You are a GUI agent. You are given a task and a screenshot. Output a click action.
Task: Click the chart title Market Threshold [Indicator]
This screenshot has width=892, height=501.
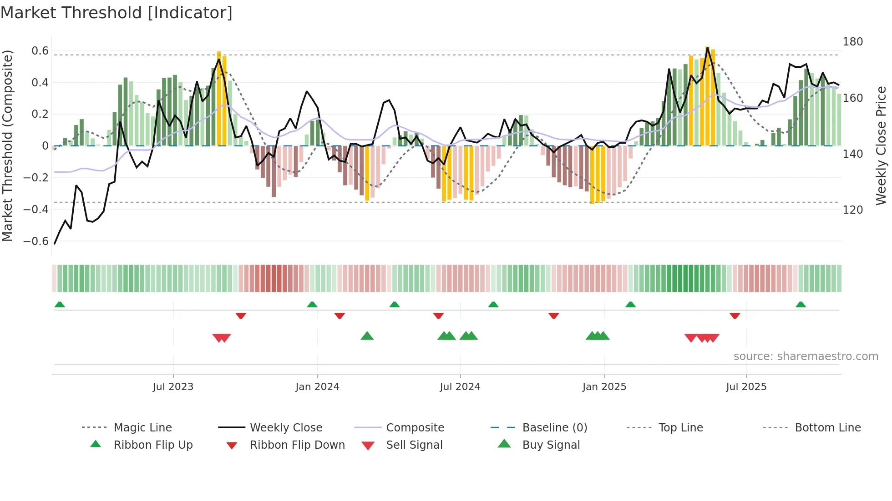(117, 13)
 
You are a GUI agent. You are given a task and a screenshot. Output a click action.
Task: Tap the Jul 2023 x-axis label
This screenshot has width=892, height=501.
(173, 387)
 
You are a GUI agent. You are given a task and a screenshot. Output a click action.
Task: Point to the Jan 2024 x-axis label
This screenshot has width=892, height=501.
(317, 387)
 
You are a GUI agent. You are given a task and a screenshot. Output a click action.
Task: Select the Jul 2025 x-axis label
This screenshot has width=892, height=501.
(746, 387)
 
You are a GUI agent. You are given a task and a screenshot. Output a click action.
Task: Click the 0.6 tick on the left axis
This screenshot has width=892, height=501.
(40, 51)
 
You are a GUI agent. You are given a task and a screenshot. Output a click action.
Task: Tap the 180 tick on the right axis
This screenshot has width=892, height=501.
(852, 42)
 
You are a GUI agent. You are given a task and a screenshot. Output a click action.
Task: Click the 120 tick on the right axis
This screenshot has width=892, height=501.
(852, 210)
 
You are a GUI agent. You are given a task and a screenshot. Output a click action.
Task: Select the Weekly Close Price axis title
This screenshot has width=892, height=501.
(881, 145)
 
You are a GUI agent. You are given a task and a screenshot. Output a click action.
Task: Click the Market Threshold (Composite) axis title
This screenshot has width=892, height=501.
(7, 145)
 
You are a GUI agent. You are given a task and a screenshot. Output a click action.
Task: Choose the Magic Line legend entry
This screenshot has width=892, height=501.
(142, 428)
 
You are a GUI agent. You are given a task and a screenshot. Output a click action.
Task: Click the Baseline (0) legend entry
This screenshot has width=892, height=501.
(554, 428)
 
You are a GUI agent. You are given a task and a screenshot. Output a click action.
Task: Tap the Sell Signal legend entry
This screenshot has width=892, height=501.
(414, 445)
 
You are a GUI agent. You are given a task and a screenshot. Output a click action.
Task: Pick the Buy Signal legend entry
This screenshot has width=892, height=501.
(551, 445)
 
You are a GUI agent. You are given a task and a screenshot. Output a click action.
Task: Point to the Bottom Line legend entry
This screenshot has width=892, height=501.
(827, 428)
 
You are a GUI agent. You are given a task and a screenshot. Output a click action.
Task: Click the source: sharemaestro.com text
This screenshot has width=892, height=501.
(806, 356)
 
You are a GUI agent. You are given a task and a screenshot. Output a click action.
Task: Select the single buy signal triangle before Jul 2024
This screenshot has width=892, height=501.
(367, 336)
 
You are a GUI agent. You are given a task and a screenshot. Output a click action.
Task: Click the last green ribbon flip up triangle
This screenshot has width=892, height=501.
(801, 305)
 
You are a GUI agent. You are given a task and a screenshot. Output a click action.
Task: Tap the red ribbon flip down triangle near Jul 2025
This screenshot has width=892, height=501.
(735, 316)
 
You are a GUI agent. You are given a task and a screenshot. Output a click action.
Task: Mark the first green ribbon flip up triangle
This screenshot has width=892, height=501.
(60, 305)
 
